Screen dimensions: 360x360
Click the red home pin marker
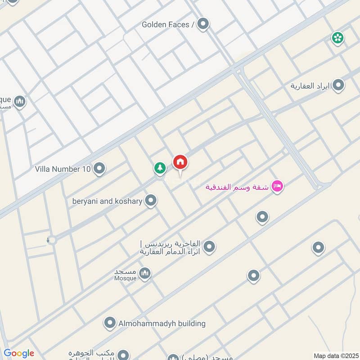coord(180,162)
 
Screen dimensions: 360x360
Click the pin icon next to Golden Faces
coord(203,24)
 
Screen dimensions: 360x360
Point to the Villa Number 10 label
coord(63,169)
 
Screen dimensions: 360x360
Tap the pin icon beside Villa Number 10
coord(99,169)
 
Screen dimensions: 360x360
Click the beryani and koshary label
coord(107,201)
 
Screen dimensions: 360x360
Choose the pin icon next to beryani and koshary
coord(151,201)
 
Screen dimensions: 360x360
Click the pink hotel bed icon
coord(278,186)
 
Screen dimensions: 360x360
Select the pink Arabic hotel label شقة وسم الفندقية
coord(237,187)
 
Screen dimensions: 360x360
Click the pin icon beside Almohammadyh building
coord(109,323)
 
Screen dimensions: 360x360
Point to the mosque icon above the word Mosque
coord(144,273)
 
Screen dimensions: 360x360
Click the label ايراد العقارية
coord(310,85)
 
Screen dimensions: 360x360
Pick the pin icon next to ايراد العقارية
coord(338,85)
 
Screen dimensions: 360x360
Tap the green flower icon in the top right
coord(337,38)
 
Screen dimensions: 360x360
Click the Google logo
coord(18,353)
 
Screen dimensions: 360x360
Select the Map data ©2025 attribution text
coord(335,355)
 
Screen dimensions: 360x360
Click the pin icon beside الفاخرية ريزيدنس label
coord(209,247)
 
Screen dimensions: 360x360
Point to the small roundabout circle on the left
coord(52,240)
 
